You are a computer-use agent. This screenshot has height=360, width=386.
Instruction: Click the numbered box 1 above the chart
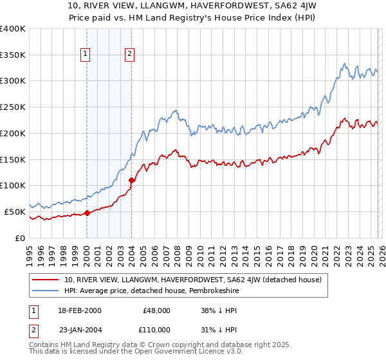[x=86, y=55]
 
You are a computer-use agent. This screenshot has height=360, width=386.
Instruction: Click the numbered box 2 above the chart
[x=130, y=55]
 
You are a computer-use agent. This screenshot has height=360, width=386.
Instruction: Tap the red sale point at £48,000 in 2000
[x=87, y=213]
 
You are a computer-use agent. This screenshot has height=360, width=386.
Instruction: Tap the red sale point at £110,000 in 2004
[x=131, y=181]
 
